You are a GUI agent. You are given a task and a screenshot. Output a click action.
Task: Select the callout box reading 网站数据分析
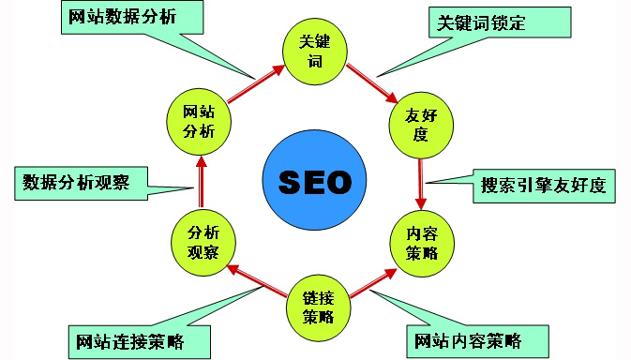(x=121, y=18)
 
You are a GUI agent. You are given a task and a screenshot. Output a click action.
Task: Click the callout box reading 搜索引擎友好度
(x=542, y=184)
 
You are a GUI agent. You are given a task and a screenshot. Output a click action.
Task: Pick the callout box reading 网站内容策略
(x=476, y=339)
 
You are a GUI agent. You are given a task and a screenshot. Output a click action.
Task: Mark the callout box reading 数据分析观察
(x=83, y=181)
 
